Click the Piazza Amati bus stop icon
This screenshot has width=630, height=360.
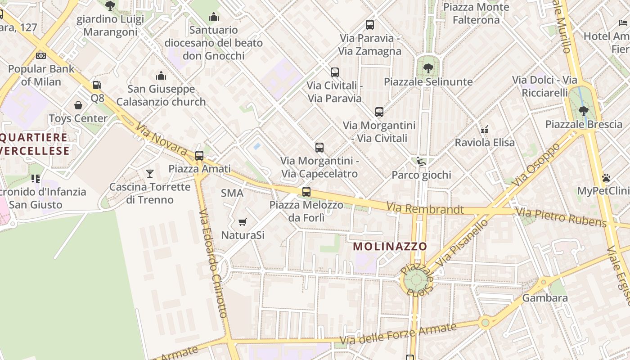(x=199, y=156)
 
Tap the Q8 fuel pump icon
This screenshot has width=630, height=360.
(x=97, y=85)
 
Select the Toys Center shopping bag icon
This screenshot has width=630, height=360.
(x=78, y=105)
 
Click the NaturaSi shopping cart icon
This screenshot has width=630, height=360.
(x=243, y=222)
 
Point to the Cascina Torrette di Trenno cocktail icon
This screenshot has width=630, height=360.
(x=150, y=173)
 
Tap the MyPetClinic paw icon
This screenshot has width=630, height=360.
(x=606, y=178)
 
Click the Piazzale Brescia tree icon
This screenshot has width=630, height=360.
(x=583, y=111)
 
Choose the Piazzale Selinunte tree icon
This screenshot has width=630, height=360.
(x=428, y=68)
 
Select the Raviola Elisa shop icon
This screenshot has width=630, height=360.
(x=485, y=129)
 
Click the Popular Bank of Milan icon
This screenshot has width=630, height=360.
(x=41, y=56)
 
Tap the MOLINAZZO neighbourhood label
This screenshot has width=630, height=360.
(x=390, y=247)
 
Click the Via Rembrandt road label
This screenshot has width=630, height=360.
(x=425, y=208)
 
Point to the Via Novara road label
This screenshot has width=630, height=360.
(x=161, y=139)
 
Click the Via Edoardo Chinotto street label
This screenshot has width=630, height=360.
(x=213, y=263)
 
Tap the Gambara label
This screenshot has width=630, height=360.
(x=545, y=298)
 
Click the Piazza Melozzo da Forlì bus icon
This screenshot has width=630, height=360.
(x=306, y=192)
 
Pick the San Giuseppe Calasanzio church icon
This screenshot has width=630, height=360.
(x=161, y=76)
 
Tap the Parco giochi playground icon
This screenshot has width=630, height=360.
(x=421, y=162)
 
